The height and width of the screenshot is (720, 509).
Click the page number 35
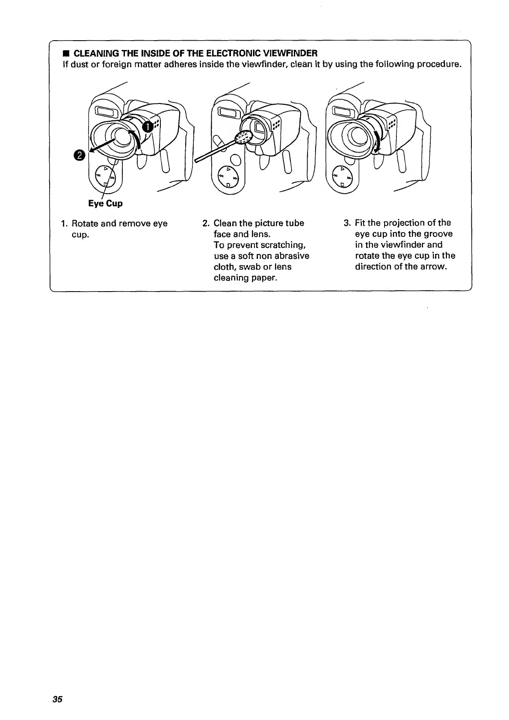pyautogui.click(x=57, y=699)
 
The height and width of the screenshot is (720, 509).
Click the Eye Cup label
pyautogui.click(x=105, y=204)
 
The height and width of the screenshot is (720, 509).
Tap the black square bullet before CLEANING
pyautogui.click(x=66, y=53)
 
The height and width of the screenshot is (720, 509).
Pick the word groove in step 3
pyautogui.click(x=438, y=234)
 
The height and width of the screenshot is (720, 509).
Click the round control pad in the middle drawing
pyautogui.click(x=228, y=177)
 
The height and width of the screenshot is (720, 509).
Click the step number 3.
pyautogui.click(x=347, y=223)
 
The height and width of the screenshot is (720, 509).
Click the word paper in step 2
pyautogui.click(x=264, y=278)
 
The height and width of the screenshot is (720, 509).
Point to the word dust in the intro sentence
pyautogui.click(x=78, y=65)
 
